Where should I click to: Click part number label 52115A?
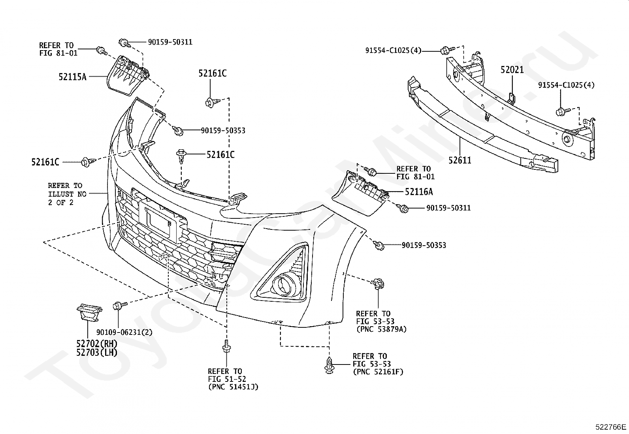pos(72,77)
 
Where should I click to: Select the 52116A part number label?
pos(419,192)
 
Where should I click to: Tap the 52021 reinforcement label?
pos(512,70)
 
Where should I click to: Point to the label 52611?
pos(460,160)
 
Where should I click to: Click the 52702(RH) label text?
pos(96,343)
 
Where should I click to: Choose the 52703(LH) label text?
pos(96,352)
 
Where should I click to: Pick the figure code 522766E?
pos(611,427)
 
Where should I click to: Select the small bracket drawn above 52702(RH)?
pos(89,312)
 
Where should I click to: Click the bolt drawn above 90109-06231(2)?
pos(119,305)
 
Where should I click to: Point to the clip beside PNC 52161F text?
pos(330,365)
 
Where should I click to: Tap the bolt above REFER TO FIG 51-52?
pos(226,347)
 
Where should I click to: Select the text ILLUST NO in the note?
pos(67,194)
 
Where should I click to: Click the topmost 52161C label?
pos(212,73)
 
